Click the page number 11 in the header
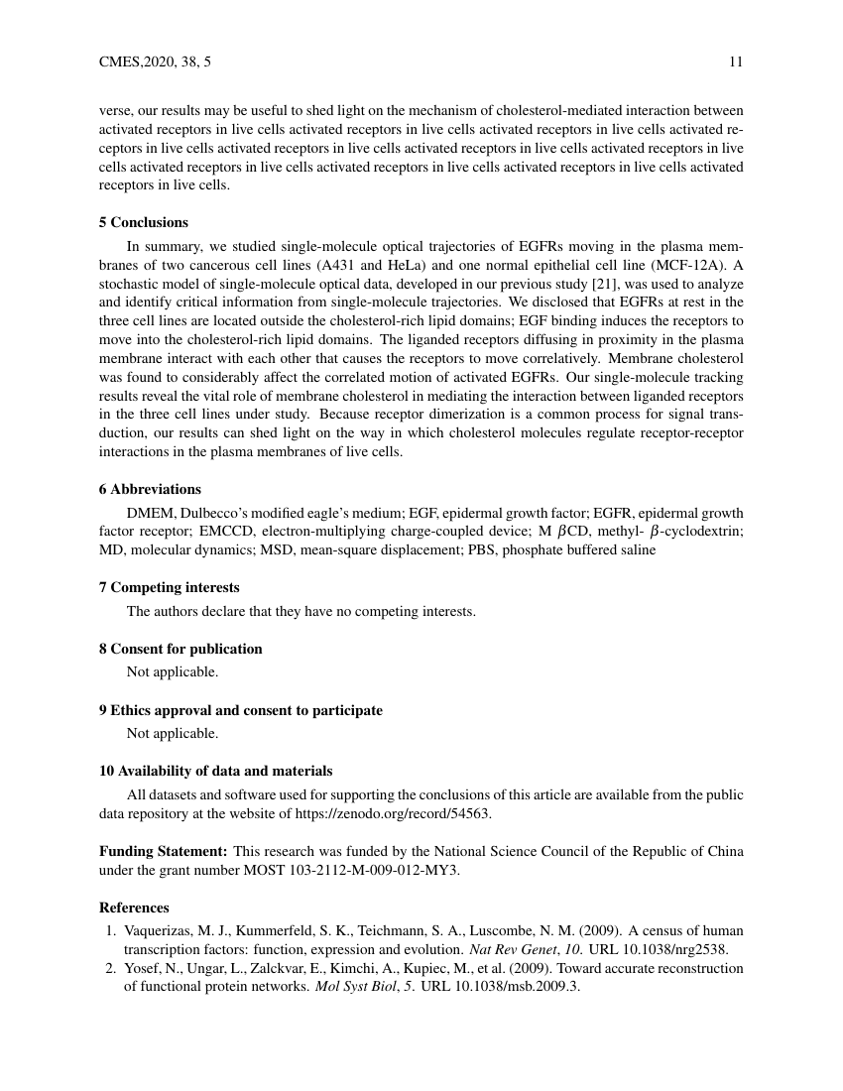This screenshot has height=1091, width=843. point(735,62)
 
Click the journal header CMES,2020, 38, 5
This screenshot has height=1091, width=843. point(155,62)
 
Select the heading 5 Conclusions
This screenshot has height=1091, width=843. point(144,222)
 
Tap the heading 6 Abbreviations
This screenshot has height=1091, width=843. point(150,489)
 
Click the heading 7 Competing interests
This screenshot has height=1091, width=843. point(169,587)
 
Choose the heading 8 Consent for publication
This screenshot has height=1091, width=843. point(181,649)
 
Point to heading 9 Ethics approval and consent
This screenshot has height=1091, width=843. point(240,710)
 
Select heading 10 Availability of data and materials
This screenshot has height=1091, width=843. point(215,771)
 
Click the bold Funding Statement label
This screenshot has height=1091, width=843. point(164,851)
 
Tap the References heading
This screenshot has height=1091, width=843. point(134,908)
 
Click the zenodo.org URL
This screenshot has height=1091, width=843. point(393,813)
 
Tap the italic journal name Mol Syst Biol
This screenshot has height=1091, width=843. point(354,987)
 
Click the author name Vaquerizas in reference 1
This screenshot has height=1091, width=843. point(159,929)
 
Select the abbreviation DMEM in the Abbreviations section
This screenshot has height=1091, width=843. point(147,513)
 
